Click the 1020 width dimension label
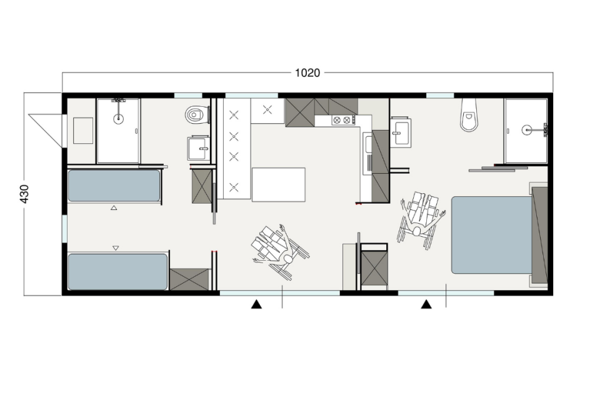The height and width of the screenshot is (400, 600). click(307, 72)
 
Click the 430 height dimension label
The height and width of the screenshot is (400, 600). click(24, 194)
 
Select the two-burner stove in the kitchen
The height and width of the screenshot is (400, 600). click(341, 120)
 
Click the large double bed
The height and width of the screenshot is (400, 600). click(492, 234)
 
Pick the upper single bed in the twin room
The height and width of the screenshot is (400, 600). click(114, 186)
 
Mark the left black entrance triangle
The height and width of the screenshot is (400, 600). click(256, 304)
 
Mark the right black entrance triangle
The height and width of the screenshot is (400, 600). click(426, 304)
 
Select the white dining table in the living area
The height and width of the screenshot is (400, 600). click(279, 184)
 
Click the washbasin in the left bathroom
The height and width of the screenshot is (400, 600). click(198, 148)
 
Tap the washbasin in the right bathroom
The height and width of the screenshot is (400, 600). click(401, 133)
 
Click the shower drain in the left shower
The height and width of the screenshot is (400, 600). click(119, 119)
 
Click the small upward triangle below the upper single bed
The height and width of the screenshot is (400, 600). click(114, 208)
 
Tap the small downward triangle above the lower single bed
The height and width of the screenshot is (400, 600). click(116, 248)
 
